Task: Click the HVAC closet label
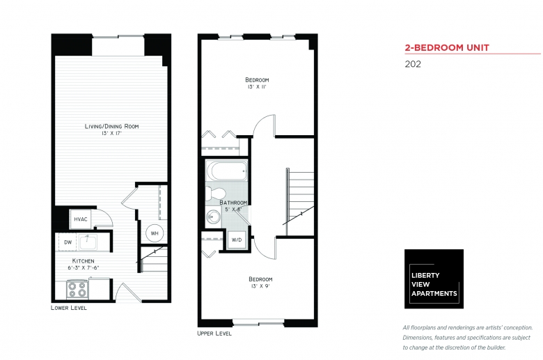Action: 81,219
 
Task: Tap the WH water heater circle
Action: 155,233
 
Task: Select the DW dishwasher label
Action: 68,242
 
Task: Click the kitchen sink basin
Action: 88,242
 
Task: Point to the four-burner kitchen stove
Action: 77,289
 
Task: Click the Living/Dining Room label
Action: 111,126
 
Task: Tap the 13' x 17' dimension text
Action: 112,134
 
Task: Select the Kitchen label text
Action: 83,261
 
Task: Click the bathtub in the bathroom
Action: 227,171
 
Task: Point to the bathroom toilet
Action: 214,194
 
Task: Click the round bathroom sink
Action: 212,217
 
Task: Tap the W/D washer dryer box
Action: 237,240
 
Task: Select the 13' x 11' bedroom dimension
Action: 257,87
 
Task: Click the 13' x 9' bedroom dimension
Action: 260,286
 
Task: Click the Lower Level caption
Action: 68,308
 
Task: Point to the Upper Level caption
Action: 214,334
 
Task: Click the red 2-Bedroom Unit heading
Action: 447,48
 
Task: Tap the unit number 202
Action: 413,64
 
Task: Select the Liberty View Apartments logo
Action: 434,279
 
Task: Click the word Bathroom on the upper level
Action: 233,203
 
